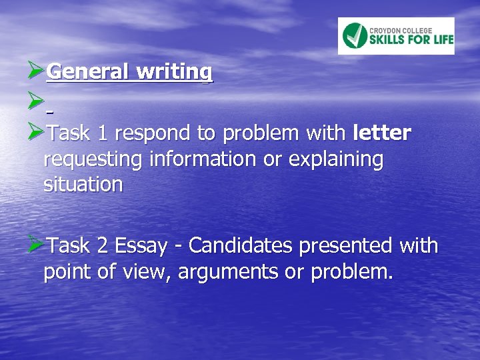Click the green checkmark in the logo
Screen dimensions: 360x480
(355, 35)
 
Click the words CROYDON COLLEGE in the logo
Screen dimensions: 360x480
(401, 29)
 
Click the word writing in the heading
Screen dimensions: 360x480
(175, 71)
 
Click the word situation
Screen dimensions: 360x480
(83, 185)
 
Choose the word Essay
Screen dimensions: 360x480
(141, 247)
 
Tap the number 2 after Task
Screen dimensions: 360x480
(103, 247)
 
